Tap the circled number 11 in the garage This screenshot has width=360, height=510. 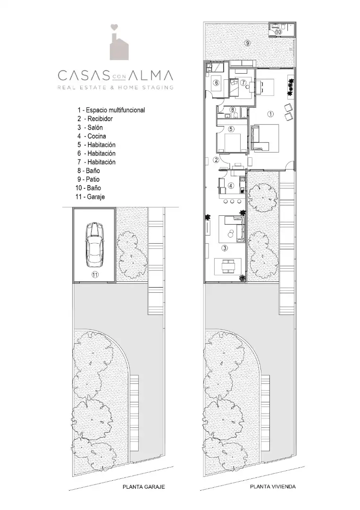point(95,275)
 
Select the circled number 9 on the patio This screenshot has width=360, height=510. point(248,43)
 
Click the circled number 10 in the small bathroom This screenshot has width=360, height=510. point(278,32)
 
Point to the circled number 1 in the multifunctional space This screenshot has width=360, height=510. point(271,114)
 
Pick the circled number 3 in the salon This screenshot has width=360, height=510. point(225,248)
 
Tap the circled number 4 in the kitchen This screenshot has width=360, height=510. point(231,186)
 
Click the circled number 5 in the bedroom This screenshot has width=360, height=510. point(231,129)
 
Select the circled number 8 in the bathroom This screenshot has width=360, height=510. point(233,110)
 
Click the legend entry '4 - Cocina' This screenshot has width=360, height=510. point(92,136)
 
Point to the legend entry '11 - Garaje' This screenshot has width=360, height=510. point(90,197)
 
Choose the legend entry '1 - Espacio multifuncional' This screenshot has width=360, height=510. point(111,110)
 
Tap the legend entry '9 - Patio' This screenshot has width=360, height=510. point(88,179)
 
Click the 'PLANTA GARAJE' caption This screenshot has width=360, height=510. point(143,487)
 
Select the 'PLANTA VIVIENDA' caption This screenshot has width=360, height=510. point(273,486)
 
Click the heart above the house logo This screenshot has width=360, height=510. point(113,27)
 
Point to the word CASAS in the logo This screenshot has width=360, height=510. point(83,76)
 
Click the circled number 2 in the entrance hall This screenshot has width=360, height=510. point(216,160)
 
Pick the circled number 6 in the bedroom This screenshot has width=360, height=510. point(217,83)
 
